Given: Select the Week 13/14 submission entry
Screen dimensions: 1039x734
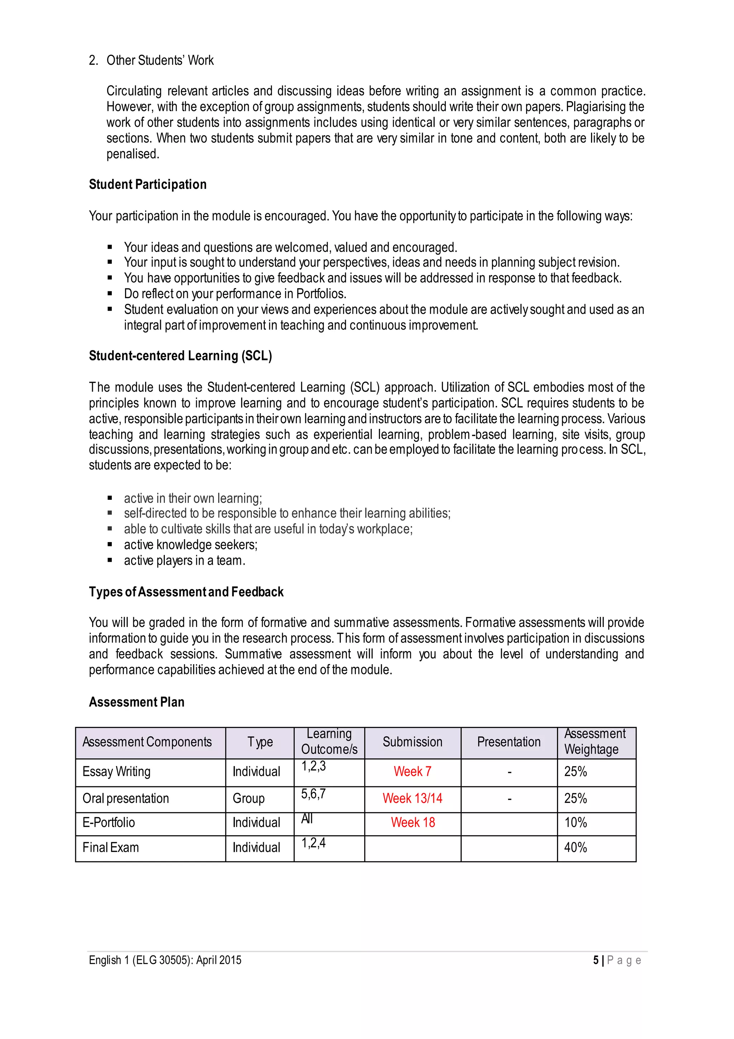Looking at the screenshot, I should click(x=412, y=798).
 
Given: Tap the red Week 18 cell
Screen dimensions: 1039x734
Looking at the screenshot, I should click(x=413, y=822).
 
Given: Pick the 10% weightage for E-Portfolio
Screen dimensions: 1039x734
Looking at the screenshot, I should click(x=575, y=822).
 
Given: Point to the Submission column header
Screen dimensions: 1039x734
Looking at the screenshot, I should click(x=412, y=742).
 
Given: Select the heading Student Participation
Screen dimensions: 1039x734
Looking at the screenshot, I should click(x=148, y=185).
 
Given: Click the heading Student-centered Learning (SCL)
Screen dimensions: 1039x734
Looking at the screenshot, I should click(x=180, y=356).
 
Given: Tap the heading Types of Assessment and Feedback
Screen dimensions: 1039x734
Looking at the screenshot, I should click(x=186, y=592).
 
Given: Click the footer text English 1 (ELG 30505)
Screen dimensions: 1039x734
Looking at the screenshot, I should click(x=165, y=960).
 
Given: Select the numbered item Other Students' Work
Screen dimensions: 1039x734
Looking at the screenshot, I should click(x=160, y=60).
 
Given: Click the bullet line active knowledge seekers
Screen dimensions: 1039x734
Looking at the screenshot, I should click(x=190, y=545).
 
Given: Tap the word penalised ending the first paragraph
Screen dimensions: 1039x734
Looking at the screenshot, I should click(x=133, y=154).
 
